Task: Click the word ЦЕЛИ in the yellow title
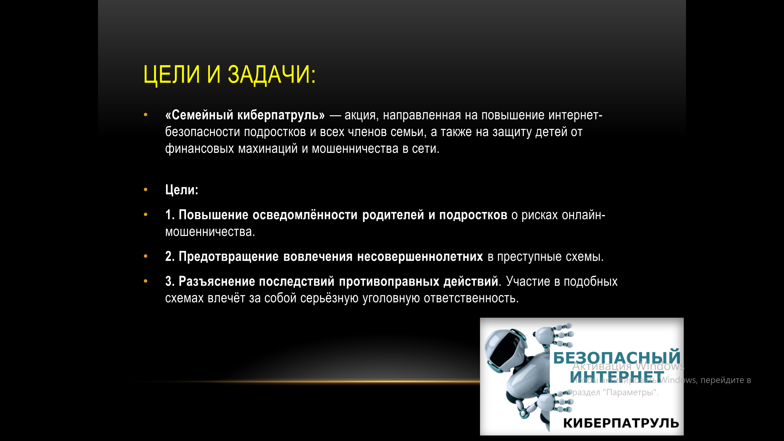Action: pyautogui.click(x=172, y=75)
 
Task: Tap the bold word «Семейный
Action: pyautogui.click(x=199, y=115)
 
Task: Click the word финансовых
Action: pyautogui.click(x=199, y=148)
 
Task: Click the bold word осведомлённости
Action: pyautogui.click(x=305, y=215)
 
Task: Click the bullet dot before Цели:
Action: pyautogui.click(x=146, y=190)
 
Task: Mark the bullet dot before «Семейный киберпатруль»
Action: pyautogui.click(x=146, y=115)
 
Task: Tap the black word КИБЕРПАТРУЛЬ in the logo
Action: pyautogui.click(x=621, y=423)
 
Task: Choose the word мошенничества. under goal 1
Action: pyautogui.click(x=210, y=232)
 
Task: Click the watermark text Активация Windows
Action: pyautogui.click(x=628, y=366)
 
